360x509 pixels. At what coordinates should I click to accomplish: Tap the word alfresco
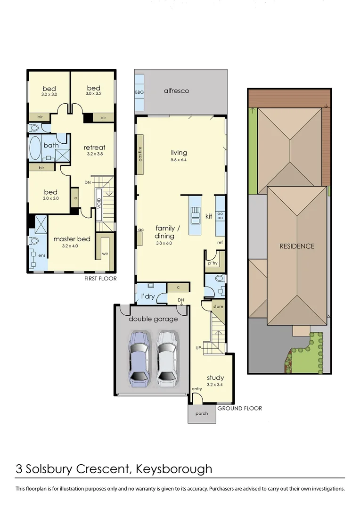pyautogui.click(x=176, y=90)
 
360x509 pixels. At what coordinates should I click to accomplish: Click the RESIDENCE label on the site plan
pyautogui.click(x=296, y=246)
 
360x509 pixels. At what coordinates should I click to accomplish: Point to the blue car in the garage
pyautogui.click(x=140, y=358)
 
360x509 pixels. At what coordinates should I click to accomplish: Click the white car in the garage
pyautogui.click(x=168, y=358)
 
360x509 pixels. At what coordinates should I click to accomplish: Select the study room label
pyautogui.click(x=215, y=378)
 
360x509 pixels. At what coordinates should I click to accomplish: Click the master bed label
pyautogui.click(x=71, y=239)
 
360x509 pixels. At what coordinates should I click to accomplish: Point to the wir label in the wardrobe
pyautogui.click(x=104, y=255)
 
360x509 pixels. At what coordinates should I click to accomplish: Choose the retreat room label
pyautogui.click(x=94, y=147)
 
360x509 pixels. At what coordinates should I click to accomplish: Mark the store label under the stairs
pyautogui.click(x=218, y=306)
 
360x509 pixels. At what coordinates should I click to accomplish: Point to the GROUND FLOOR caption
pyautogui.click(x=239, y=408)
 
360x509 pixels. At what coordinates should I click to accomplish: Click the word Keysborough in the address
pyautogui.click(x=174, y=469)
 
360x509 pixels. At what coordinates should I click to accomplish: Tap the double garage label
pyautogui.click(x=153, y=319)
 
